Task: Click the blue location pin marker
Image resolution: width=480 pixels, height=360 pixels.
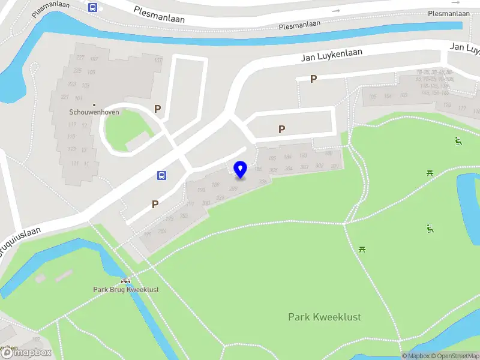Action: (x=241, y=170)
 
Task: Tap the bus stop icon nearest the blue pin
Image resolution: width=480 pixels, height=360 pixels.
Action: (x=161, y=175)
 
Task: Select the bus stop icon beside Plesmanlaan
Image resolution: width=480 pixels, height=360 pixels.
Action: (x=92, y=7)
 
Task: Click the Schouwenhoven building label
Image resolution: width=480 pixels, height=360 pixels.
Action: (x=94, y=112)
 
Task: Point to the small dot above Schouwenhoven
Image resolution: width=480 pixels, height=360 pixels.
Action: (x=94, y=104)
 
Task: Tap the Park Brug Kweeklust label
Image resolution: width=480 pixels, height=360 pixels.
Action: (x=125, y=289)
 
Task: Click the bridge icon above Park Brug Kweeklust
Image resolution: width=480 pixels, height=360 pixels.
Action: (x=125, y=280)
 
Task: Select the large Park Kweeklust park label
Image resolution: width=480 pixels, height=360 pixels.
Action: (x=324, y=317)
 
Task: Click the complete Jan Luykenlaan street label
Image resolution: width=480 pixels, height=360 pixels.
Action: (x=331, y=56)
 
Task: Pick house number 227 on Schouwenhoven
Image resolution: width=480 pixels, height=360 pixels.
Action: (x=80, y=58)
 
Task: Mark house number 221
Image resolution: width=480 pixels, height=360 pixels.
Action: (x=65, y=97)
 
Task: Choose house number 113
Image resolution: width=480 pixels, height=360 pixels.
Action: (x=71, y=149)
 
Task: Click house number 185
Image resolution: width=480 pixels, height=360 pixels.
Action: (x=272, y=158)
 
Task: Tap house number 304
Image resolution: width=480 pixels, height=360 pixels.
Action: (x=288, y=168)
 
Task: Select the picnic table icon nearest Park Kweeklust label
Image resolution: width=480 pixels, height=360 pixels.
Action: (x=362, y=248)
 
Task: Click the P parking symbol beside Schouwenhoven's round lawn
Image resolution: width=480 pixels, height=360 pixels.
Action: (x=157, y=109)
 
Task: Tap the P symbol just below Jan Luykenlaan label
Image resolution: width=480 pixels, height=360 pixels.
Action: (x=313, y=79)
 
